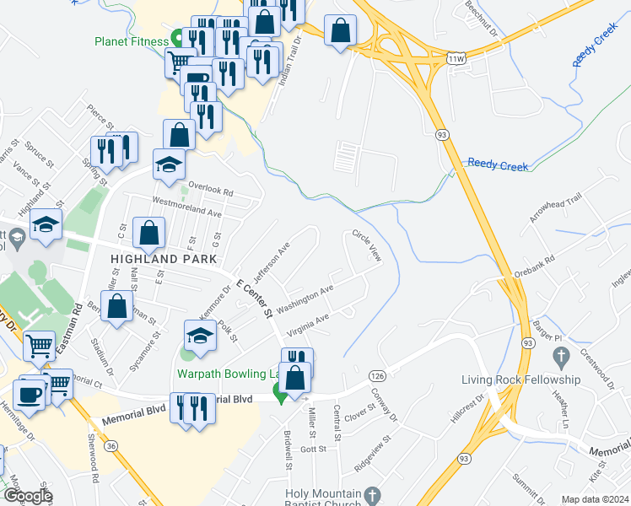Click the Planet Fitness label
pos(132,40)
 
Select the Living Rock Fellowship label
pos(521,379)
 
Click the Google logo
pos(27,496)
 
